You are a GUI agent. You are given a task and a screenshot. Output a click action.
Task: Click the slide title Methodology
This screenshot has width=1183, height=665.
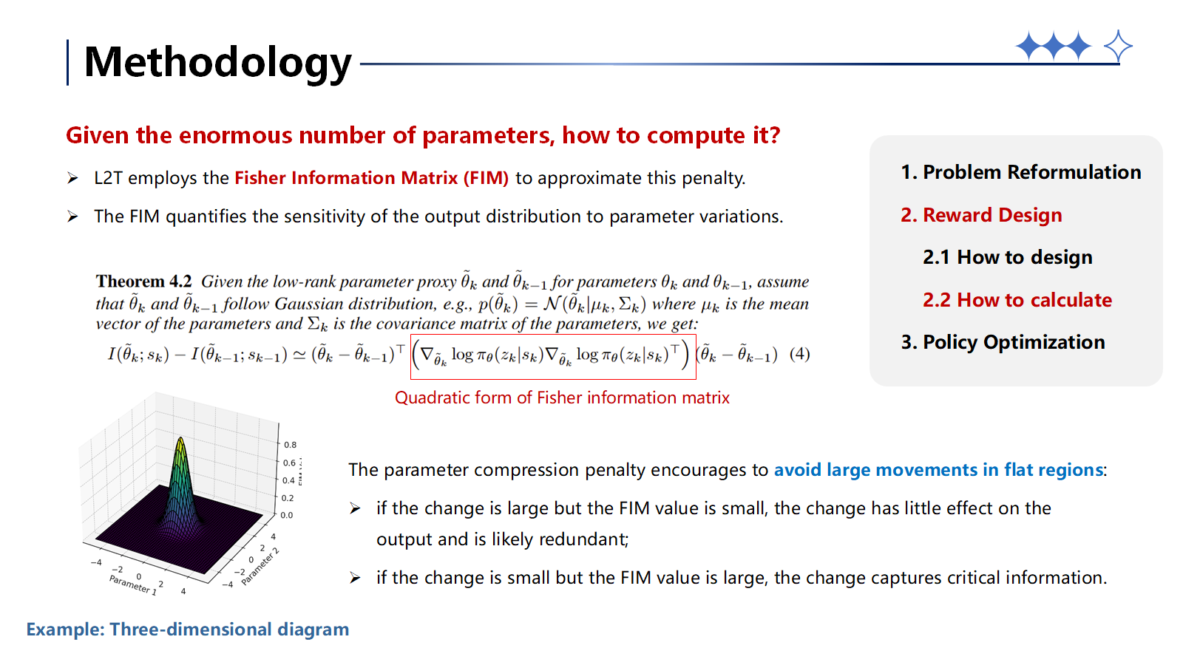[217, 62]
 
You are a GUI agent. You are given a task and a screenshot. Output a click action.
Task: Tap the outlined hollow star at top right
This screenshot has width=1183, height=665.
[1117, 47]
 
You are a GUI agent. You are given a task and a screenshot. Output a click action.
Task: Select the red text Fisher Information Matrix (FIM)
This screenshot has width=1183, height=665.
[371, 178]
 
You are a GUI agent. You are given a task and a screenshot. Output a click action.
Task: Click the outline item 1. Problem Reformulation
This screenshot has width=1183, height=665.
[1020, 172]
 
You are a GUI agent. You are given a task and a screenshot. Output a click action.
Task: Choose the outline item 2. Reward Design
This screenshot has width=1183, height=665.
[980, 215]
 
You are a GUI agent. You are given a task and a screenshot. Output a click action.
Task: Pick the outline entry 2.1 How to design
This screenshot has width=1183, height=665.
[1007, 257]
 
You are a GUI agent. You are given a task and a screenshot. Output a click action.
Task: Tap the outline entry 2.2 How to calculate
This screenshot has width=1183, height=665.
[1017, 300]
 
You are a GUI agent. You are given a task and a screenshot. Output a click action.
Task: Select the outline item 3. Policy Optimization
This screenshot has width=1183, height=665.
[1003, 342]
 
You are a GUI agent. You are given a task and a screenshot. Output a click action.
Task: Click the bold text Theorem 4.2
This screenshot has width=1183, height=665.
[143, 282]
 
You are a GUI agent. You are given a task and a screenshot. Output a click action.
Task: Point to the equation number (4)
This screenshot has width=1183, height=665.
[799, 354]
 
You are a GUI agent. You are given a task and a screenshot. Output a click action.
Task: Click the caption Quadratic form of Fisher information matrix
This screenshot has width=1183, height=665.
[562, 398]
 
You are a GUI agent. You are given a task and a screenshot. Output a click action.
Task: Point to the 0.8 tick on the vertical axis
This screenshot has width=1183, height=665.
[290, 445]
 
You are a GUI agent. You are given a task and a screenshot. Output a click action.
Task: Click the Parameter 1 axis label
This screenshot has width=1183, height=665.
[133, 584]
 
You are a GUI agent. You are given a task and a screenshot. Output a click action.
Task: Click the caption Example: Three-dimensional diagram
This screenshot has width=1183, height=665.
[188, 630]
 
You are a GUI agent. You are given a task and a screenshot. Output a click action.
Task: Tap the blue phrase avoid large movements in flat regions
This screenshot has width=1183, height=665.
[938, 470]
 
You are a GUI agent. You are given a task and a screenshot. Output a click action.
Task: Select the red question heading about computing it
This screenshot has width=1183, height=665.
[423, 135]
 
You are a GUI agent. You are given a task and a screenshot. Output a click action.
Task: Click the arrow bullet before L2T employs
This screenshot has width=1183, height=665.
[72, 178]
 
